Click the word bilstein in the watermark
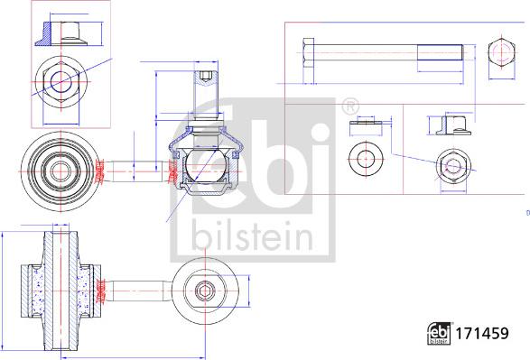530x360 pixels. click(x=252, y=236)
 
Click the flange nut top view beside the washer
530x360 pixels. click(x=453, y=166)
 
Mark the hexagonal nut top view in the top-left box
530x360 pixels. click(x=62, y=82)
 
